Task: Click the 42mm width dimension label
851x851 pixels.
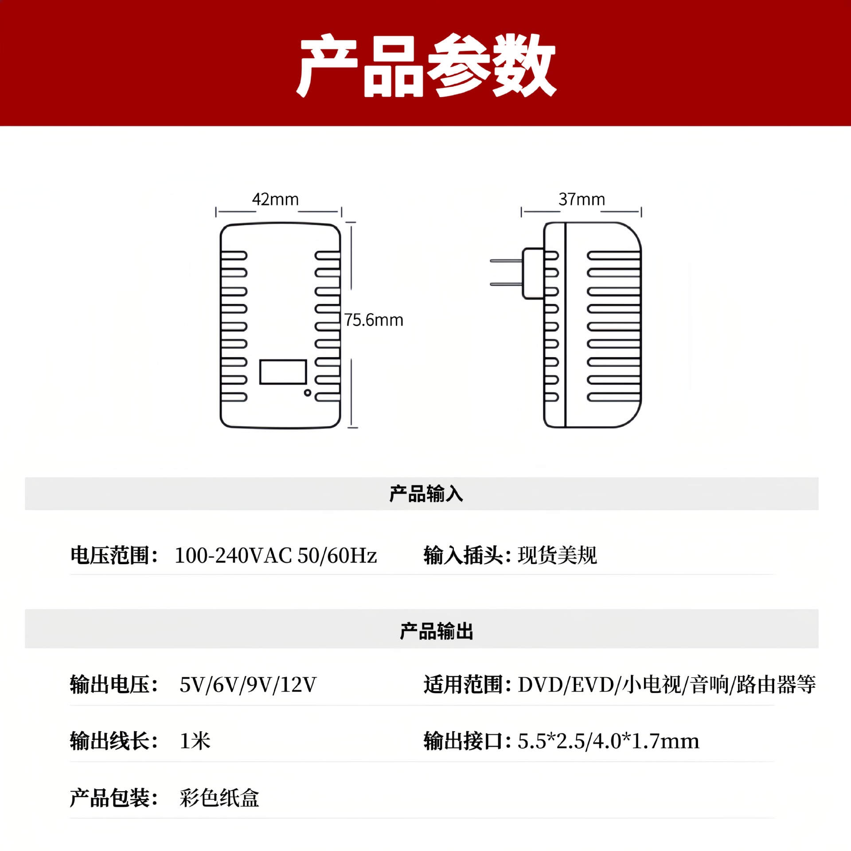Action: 275,199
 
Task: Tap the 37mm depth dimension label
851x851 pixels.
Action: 582,199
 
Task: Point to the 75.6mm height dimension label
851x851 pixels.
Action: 374,320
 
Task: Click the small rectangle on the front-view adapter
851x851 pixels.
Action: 283,372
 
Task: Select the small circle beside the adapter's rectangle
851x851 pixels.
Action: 307,393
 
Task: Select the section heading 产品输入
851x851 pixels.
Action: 426,494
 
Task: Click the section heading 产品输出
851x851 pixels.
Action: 437,631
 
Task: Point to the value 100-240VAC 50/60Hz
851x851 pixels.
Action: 275,555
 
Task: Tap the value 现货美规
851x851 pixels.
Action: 557,555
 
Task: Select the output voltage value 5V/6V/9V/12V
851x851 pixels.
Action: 248,684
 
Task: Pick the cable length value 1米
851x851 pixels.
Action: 195,741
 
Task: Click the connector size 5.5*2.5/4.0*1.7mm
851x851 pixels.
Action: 608,741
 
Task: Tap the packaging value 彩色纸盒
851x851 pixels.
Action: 219,798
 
